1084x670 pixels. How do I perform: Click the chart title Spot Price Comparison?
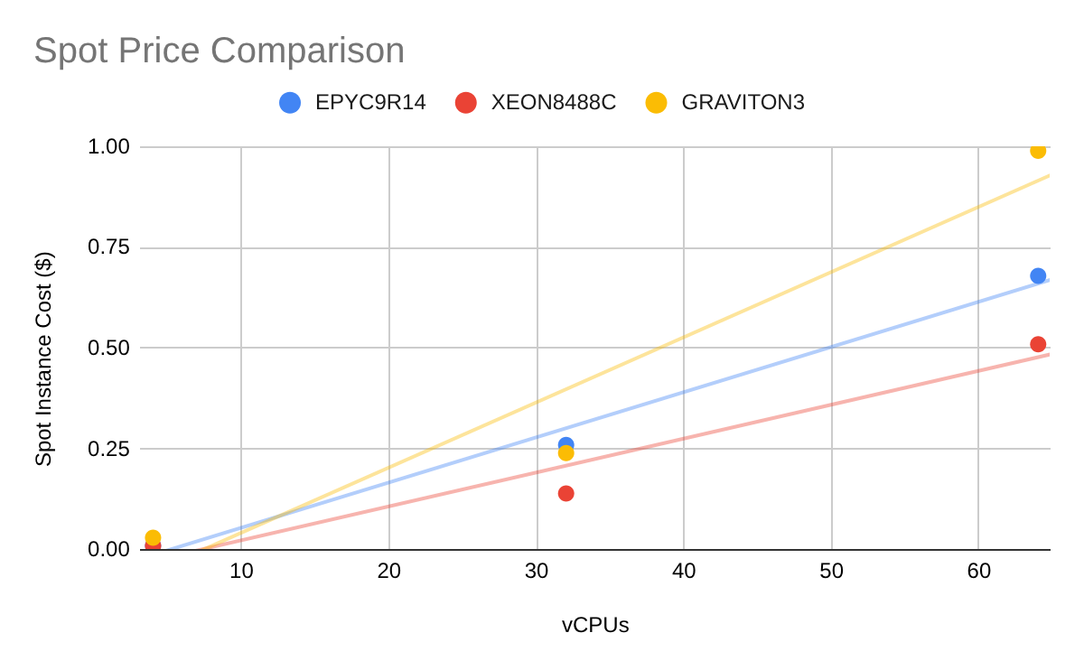click(x=219, y=51)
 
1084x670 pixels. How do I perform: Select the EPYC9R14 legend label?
click(x=370, y=103)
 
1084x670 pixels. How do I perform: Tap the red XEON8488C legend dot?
click(x=466, y=103)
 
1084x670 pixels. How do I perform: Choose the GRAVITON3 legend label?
click(x=743, y=103)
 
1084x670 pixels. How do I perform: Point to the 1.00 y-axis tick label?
click(x=108, y=146)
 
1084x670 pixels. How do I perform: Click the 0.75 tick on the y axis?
click(x=108, y=247)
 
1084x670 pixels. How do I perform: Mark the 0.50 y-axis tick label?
click(x=108, y=348)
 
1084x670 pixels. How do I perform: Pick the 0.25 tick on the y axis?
click(x=108, y=449)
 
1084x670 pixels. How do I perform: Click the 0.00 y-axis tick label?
click(x=108, y=549)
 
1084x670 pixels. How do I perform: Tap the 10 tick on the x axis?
click(x=241, y=572)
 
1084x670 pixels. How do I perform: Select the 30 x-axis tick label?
click(x=537, y=572)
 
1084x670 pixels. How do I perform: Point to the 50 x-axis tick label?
click(x=831, y=572)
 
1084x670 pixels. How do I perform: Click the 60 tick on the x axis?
click(x=978, y=572)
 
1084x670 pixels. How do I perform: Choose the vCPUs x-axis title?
click(x=595, y=625)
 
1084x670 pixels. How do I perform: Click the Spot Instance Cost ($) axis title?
click(x=44, y=358)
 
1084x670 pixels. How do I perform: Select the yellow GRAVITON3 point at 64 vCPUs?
click(x=1038, y=150)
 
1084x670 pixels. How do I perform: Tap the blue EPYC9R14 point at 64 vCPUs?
click(x=1038, y=275)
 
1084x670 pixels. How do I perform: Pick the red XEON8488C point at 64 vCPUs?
click(x=1038, y=344)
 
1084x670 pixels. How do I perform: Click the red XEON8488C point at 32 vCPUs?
click(x=566, y=493)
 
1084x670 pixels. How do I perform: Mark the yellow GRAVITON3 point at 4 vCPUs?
click(x=154, y=537)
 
